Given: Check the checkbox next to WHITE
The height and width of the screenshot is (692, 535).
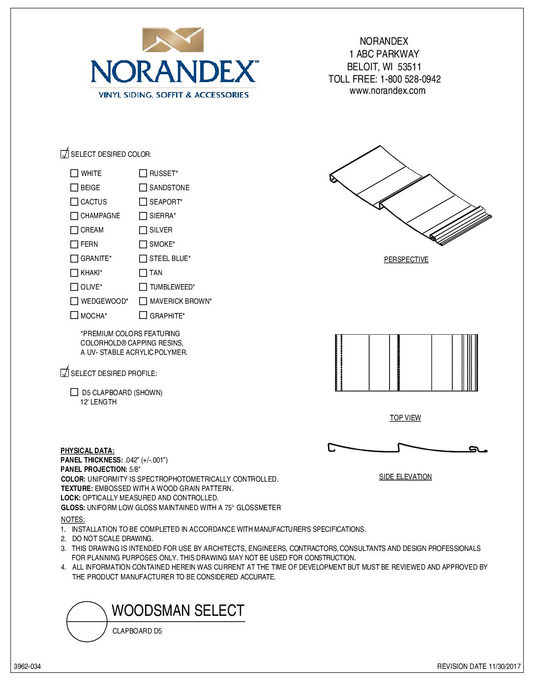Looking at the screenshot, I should click(74, 173).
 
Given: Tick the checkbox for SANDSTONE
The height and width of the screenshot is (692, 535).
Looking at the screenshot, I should click(143, 188).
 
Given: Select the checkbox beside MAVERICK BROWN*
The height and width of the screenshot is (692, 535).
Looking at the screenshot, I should click(143, 301).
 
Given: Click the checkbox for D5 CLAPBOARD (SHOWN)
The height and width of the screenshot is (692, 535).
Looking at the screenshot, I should click(74, 392).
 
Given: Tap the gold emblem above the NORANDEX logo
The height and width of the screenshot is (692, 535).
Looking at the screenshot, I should click(173, 40).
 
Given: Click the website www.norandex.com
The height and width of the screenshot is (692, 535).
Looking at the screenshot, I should click(387, 91).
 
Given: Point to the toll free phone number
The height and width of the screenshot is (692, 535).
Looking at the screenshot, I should click(411, 79).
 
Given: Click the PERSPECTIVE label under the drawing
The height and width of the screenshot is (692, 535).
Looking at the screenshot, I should click(406, 259).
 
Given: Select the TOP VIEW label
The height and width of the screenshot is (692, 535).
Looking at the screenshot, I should click(405, 418).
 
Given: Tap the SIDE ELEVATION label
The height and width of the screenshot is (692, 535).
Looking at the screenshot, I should click(405, 477).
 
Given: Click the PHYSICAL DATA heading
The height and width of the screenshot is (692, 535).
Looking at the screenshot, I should click(88, 451).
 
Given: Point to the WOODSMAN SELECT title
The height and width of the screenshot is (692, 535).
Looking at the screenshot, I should click(178, 611).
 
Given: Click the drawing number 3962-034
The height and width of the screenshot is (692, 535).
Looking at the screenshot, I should click(28, 667).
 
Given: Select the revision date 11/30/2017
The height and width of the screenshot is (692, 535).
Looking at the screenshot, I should click(505, 667).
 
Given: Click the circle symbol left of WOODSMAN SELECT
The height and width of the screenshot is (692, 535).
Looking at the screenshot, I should click(87, 622).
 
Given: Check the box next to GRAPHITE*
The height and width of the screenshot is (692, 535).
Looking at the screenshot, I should click(143, 316).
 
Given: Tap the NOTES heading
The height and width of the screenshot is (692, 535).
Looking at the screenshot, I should click(73, 519).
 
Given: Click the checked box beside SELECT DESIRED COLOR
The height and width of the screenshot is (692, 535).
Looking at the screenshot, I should click(64, 154).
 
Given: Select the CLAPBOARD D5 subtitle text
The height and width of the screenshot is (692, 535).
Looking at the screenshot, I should click(137, 631).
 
